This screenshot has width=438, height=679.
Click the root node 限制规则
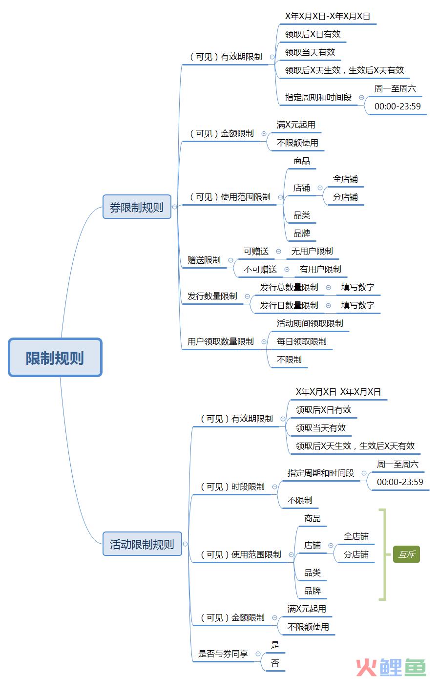tap(55, 358)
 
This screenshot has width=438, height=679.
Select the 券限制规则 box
tap(137, 207)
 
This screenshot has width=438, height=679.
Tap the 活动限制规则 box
tap(142, 544)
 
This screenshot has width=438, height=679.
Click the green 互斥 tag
tap(406, 554)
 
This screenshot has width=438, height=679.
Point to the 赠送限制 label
tap(204, 260)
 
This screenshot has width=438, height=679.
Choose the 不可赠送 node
tap(260, 269)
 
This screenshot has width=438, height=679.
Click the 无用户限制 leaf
tap(312, 251)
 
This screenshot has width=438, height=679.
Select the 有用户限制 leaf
tap(320, 269)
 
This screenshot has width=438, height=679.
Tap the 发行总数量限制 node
tap(289, 287)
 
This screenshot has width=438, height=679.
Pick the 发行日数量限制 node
tap(289, 305)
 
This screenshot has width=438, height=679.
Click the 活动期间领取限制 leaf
tap(310, 323)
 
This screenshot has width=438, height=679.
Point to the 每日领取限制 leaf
tap(302, 341)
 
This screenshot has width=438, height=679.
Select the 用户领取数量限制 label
tap(221, 341)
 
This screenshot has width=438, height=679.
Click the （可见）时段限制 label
tap(232, 487)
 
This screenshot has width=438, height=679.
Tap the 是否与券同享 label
tap(223, 654)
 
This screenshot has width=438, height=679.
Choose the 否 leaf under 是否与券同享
tap(275, 662)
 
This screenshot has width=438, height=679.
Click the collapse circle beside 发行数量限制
tap(247, 296)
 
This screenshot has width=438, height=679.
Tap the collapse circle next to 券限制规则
tap(174, 207)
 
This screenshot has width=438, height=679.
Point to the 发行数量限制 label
tap(212, 296)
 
